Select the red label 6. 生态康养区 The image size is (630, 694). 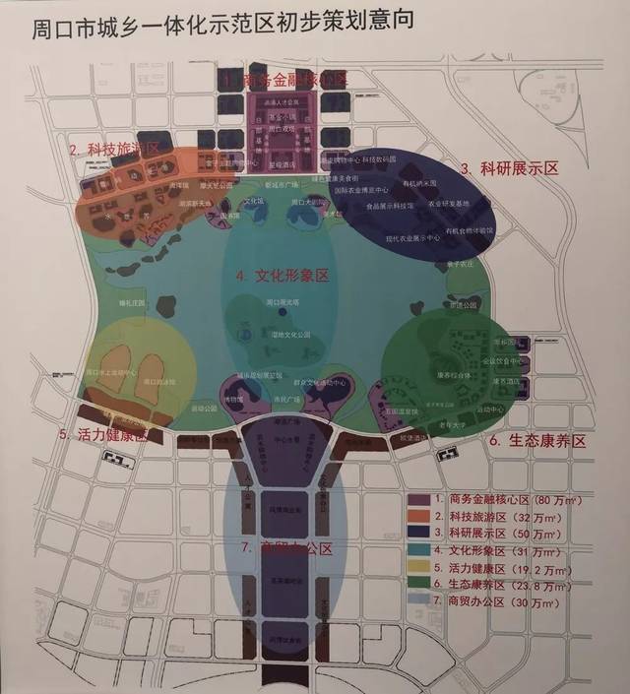click(536, 442)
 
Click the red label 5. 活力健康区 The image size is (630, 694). click(103, 433)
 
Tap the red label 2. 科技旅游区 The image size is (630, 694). click(115, 149)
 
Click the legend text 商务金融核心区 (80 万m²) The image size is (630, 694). click(512, 501)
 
